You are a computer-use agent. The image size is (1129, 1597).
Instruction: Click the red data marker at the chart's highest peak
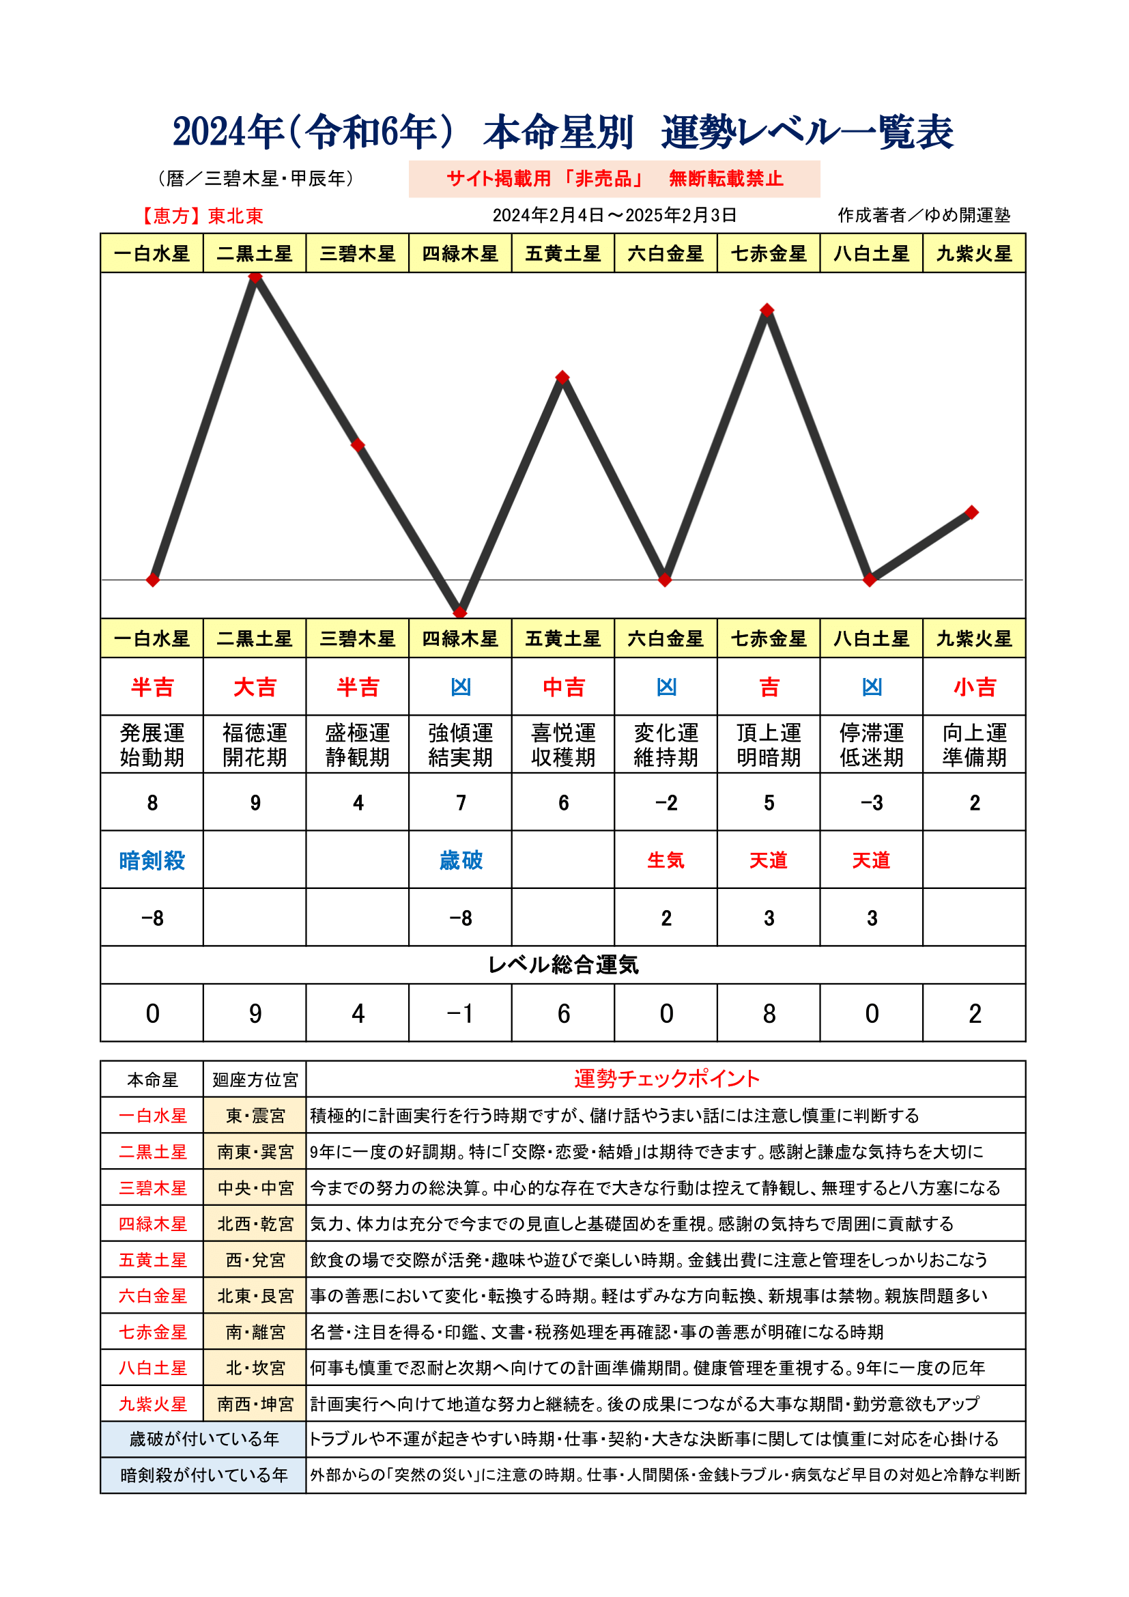(255, 277)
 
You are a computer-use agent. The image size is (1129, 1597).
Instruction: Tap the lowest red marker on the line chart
(460, 612)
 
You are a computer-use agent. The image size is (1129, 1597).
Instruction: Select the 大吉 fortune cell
(255, 688)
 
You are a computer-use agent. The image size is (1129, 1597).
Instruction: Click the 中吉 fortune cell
(563, 688)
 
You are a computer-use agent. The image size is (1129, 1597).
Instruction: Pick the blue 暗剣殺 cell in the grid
(152, 860)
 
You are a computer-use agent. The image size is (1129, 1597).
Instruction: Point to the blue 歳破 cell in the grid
(460, 860)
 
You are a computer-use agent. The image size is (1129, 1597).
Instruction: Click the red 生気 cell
(666, 860)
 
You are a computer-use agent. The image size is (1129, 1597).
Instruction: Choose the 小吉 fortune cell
(974, 688)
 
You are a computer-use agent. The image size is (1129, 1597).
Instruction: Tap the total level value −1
(460, 1014)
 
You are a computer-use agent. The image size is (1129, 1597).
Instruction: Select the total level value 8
(768, 1014)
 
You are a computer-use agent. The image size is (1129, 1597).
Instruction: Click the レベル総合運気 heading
(563, 965)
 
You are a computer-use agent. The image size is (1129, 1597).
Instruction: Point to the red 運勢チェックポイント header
(666, 1079)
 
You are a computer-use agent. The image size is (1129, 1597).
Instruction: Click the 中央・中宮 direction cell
(255, 1188)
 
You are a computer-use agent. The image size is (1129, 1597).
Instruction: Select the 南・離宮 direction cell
(255, 1332)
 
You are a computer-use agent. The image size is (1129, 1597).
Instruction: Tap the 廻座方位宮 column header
(255, 1079)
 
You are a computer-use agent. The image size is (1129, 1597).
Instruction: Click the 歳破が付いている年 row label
(203, 1439)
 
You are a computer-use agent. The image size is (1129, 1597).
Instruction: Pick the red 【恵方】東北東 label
(201, 216)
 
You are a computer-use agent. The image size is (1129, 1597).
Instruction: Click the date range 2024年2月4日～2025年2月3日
(614, 215)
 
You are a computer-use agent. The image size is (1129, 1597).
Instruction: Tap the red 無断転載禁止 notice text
(726, 179)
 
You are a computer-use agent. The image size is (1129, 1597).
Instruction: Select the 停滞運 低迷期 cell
(871, 744)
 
